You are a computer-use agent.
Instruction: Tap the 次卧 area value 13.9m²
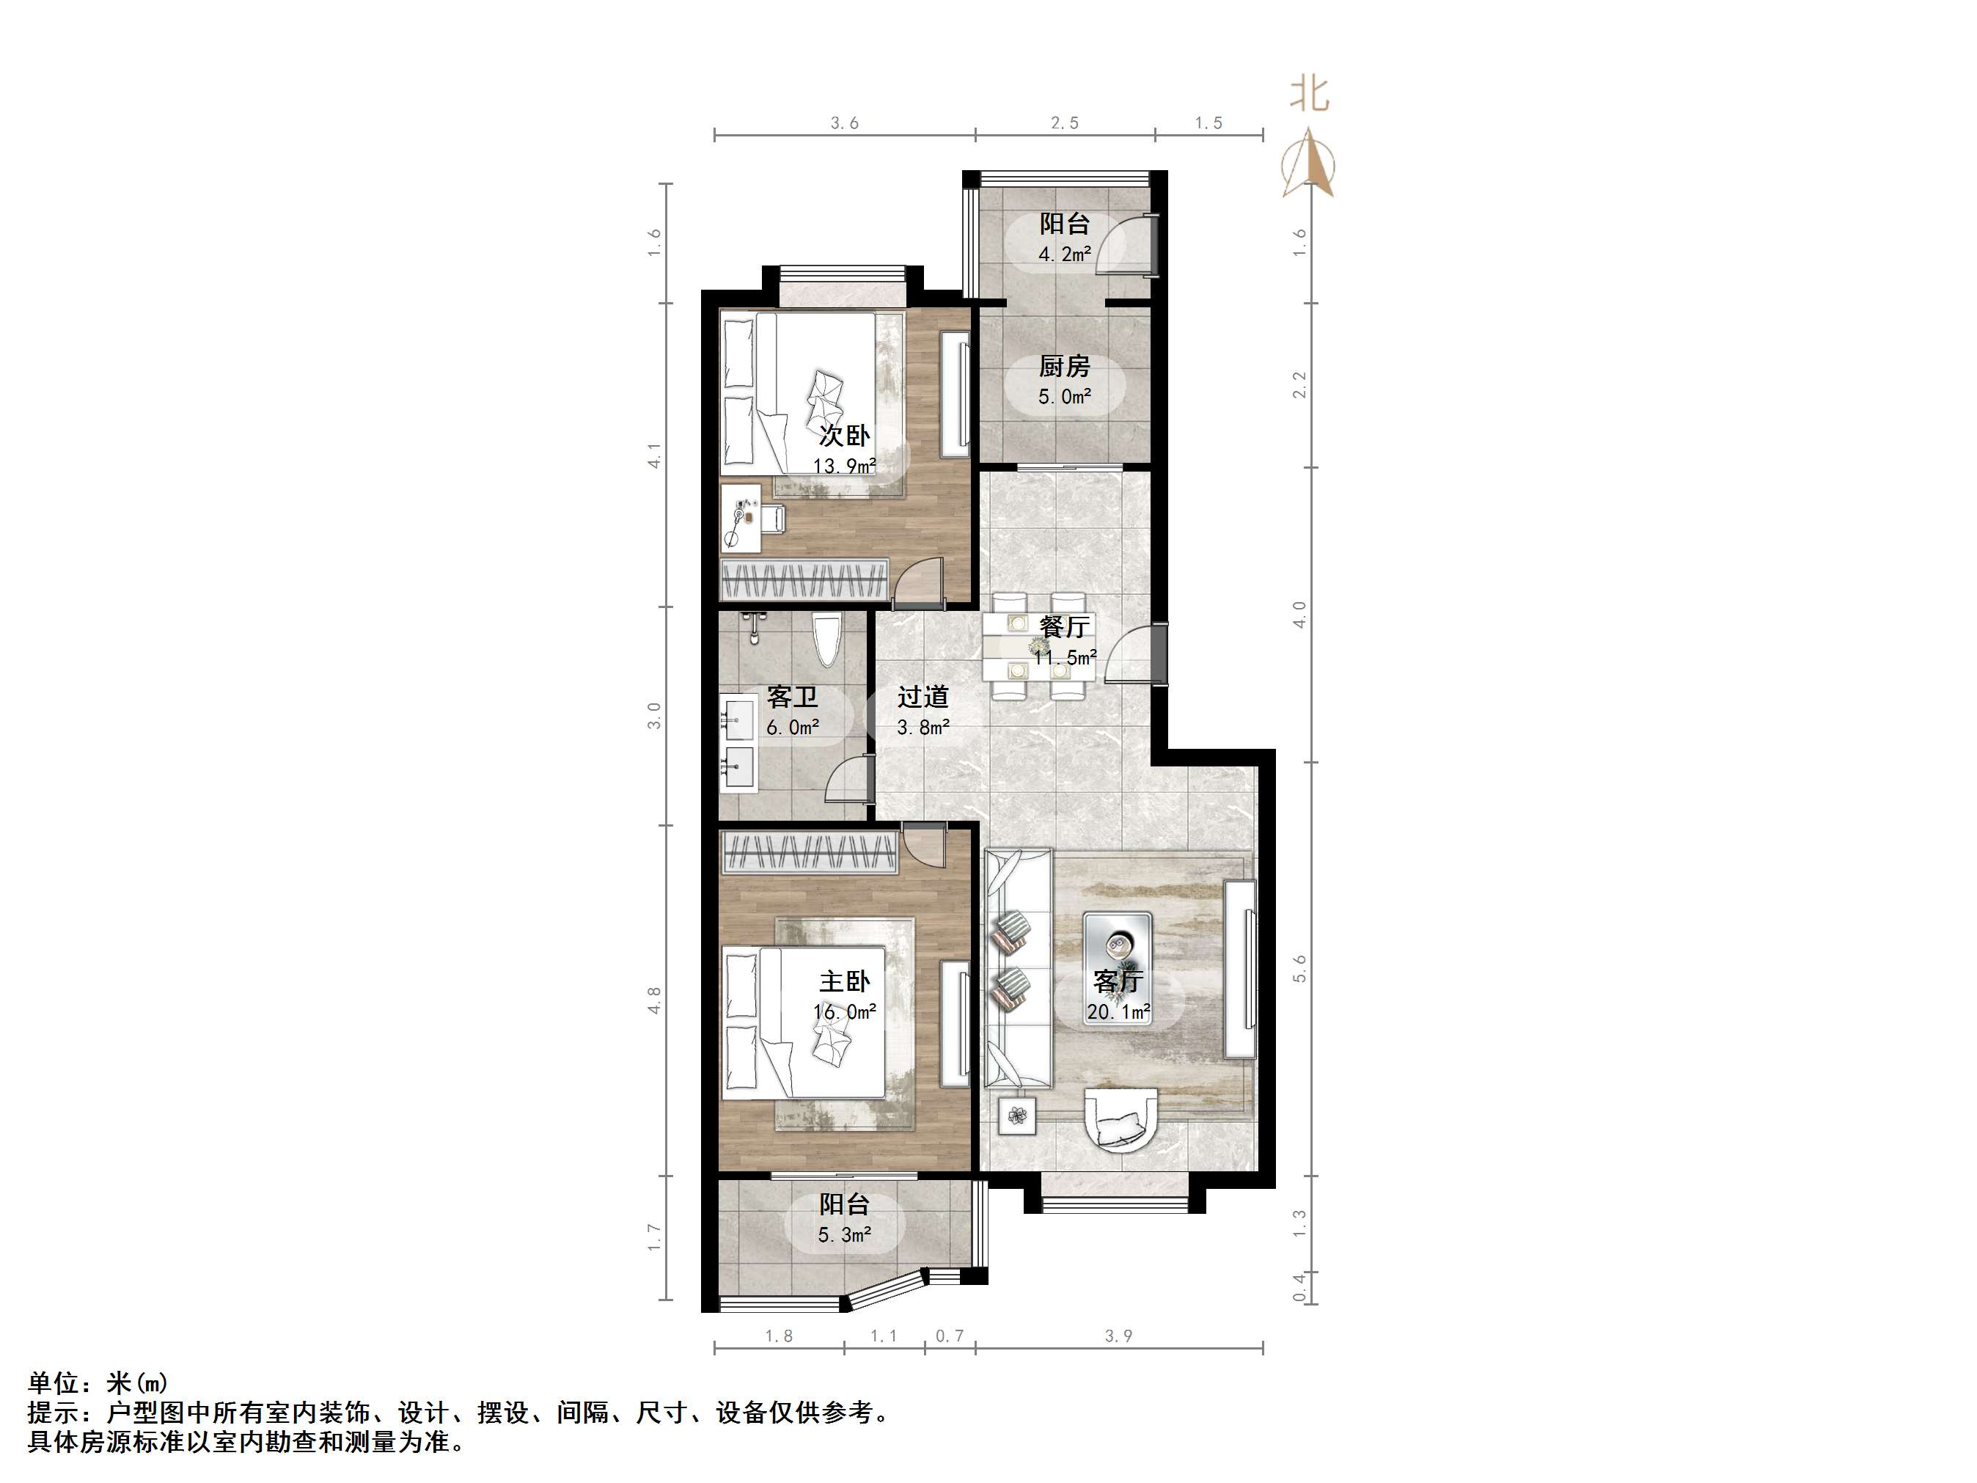coord(844,466)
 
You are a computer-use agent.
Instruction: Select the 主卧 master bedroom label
coord(844,981)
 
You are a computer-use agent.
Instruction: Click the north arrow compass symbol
coord(1308,163)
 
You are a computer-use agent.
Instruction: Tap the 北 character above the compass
coord(1310,94)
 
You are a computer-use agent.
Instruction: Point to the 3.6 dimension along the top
coord(844,123)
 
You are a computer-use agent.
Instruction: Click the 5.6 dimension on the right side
coord(1299,968)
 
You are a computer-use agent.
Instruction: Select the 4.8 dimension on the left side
coord(655,1000)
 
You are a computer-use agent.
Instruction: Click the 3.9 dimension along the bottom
coord(1118,1336)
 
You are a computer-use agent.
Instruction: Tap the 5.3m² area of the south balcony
coord(844,1234)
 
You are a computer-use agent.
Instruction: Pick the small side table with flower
coord(1016,1115)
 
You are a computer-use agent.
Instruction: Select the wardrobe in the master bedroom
coord(809,854)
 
